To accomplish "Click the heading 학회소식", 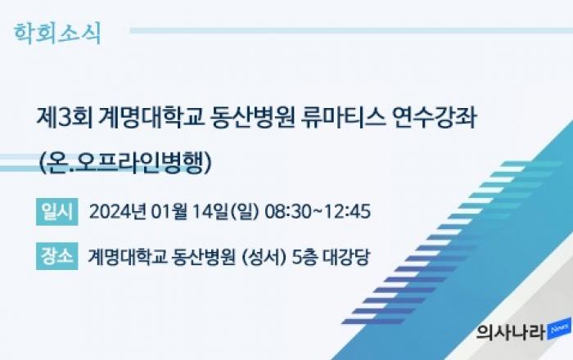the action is point(57,34).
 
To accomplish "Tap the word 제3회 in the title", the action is point(65,118).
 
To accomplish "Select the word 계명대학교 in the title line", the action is point(151,118).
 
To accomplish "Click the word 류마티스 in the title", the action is point(343,118).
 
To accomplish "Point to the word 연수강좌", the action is point(434,118).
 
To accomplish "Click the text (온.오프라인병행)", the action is point(125,162).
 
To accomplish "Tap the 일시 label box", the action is point(57,212).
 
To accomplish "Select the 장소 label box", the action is point(57,256).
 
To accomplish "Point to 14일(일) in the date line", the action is point(225,211).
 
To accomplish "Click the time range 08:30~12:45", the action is point(318,211).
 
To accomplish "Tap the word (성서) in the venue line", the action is point(264,257).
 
